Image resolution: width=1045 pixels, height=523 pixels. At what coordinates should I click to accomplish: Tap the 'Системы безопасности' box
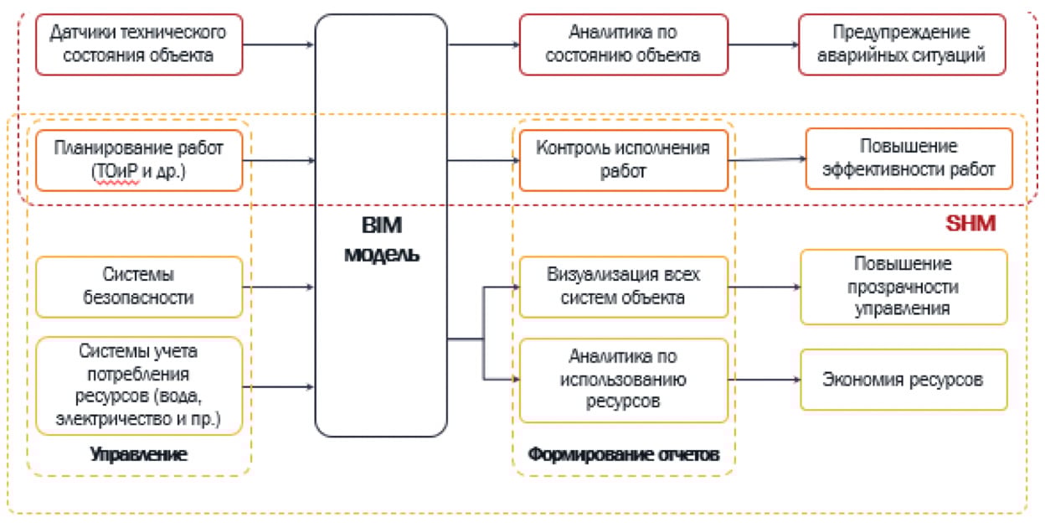point(139,286)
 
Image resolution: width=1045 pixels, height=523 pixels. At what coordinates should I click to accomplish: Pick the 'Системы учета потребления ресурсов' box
point(139,385)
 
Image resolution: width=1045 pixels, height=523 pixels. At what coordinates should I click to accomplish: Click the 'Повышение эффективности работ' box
point(909,158)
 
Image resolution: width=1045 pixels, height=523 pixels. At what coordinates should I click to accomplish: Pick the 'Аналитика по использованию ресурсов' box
point(623,380)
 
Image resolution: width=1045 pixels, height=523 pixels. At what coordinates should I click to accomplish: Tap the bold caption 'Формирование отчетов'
point(623,454)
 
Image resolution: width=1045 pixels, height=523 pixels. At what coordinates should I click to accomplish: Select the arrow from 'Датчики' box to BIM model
point(279,44)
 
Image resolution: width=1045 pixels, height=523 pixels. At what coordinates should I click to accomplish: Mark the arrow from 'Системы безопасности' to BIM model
point(279,287)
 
